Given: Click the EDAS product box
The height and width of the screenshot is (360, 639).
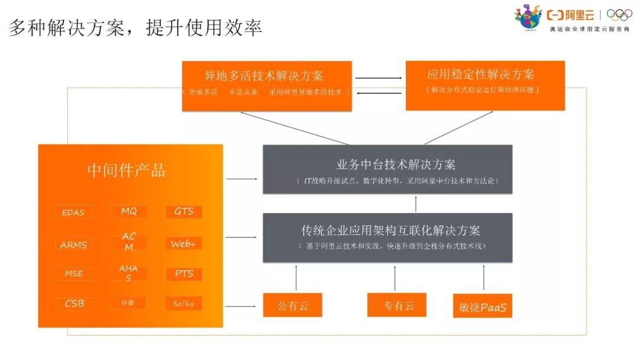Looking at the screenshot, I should pyautogui.click(x=73, y=212).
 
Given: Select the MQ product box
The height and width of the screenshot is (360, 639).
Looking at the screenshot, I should pyautogui.click(x=128, y=211).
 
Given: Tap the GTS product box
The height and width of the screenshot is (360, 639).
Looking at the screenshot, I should pyautogui.click(x=183, y=211).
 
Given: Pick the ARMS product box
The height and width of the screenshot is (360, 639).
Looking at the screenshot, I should pyautogui.click(x=73, y=244).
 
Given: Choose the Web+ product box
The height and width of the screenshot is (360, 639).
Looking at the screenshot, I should pyautogui.click(x=183, y=244).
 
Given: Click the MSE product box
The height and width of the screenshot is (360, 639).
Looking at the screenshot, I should pyautogui.click(x=73, y=274).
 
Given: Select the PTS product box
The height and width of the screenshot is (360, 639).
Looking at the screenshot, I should pyautogui.click(x=183, y=274).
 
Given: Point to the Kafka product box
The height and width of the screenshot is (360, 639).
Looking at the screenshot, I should pyautogui.click(x=183, y=303).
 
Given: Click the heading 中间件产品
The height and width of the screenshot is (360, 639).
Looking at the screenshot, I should pyautogui.click(x=126, y=171).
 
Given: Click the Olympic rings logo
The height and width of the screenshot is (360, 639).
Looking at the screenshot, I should pyautogui.click(x=619, y=15).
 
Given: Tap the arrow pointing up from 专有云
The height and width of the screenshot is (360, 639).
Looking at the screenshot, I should pyautogui.click(x=395, y=278).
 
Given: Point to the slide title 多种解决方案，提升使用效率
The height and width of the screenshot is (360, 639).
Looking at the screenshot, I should pyautogui.click(x=135, y=28).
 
